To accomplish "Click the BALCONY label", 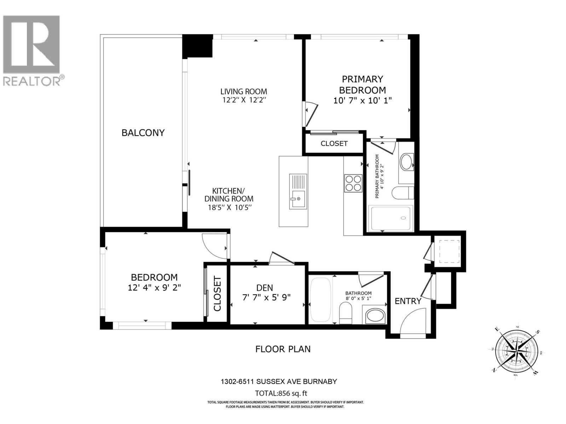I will click(x=143, y=132).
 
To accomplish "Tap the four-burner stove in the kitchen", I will click(x=353, y=183).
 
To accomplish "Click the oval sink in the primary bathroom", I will click(x=406, y=162).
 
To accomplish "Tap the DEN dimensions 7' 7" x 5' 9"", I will click(x=266, y=298).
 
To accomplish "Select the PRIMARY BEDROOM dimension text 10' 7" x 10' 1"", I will click(x=362, y=100).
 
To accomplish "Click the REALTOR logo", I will click(x=32, y=49).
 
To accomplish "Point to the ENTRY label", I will click(x=408, y=301).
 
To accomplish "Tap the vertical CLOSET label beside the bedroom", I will click(x=217, y=294).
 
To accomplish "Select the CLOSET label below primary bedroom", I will click(x=334, y=143).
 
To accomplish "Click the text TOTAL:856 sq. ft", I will click(x=279, y=393).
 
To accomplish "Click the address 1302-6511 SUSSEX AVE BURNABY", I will click(x=279, y=382).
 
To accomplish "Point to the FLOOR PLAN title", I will click(x=283, y=349).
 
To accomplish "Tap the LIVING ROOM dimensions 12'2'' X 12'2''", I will click(x=243, y=100).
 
